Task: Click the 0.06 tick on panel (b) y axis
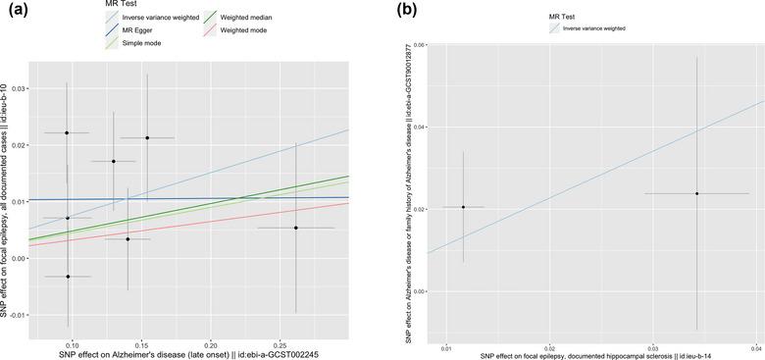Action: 419,45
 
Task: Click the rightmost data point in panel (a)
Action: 295,228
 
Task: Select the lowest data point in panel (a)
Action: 68,277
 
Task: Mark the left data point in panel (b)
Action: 463,207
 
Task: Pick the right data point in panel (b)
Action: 696,193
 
